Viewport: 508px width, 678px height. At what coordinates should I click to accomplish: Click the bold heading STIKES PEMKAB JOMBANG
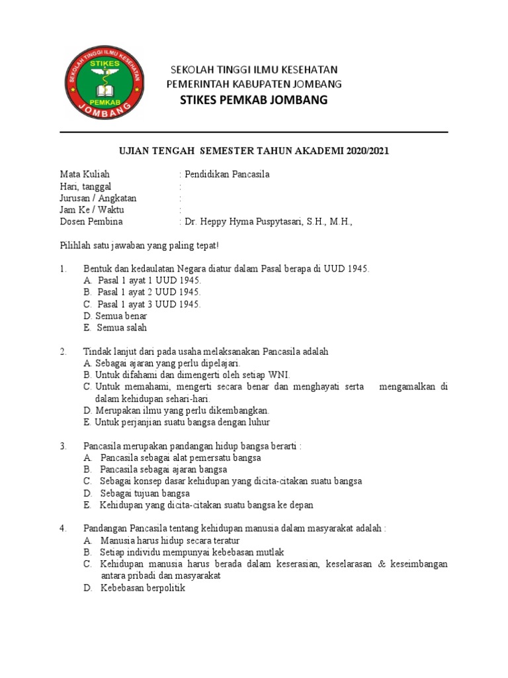coord(253,100)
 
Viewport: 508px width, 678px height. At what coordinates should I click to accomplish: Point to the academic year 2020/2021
coord(363,152)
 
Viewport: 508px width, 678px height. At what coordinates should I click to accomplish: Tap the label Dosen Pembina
coord(91,222)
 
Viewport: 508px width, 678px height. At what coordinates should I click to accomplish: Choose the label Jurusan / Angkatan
coord(98,198)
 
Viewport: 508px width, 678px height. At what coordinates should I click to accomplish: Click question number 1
coord(63,269)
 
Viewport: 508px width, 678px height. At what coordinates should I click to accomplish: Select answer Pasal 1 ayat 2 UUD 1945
coord(148,292)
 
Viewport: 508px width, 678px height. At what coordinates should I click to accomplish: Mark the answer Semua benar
coord(122,316)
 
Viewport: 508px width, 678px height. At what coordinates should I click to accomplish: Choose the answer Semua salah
coord(122,328)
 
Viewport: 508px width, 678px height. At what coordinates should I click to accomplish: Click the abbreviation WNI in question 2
coord(270,375)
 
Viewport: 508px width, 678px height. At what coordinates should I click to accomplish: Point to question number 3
coord(63,446)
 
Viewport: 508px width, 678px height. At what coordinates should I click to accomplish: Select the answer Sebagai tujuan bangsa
coord(145,493)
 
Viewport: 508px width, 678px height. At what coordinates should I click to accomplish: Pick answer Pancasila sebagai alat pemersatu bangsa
coord(181,458)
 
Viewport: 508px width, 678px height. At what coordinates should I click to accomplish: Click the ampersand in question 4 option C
coord(387,564)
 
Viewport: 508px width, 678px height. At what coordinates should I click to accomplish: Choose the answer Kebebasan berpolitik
coord(143,587)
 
